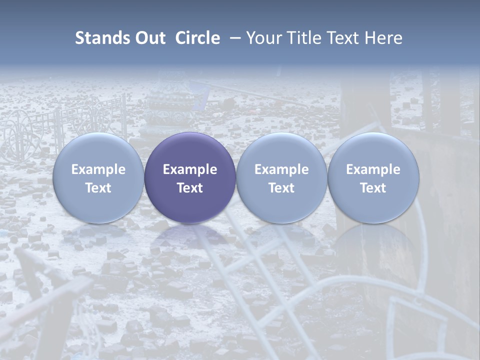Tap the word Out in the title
point(149,38)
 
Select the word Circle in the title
point(197,38)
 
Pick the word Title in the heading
point(305,38)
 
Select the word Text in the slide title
point(344,38)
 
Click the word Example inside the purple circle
point(190,169)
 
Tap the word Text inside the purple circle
point(190,188)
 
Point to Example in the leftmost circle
point(98,169)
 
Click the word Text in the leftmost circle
point(98,188)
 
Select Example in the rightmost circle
point(373,169)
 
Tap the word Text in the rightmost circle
point(373,188)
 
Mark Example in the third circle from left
point(281,169)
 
